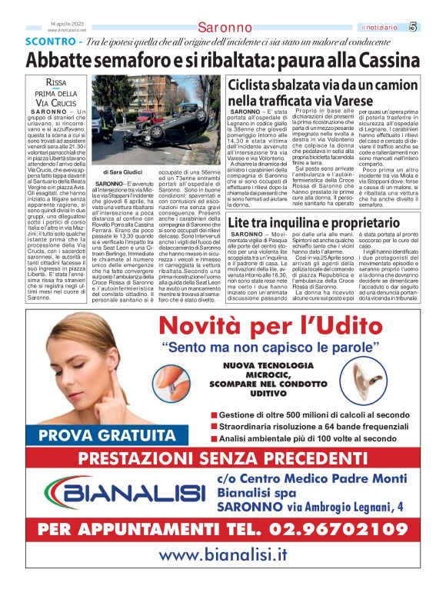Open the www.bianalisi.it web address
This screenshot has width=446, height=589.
pos(222,555)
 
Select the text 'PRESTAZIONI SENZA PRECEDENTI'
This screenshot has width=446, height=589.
pos(222,459)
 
